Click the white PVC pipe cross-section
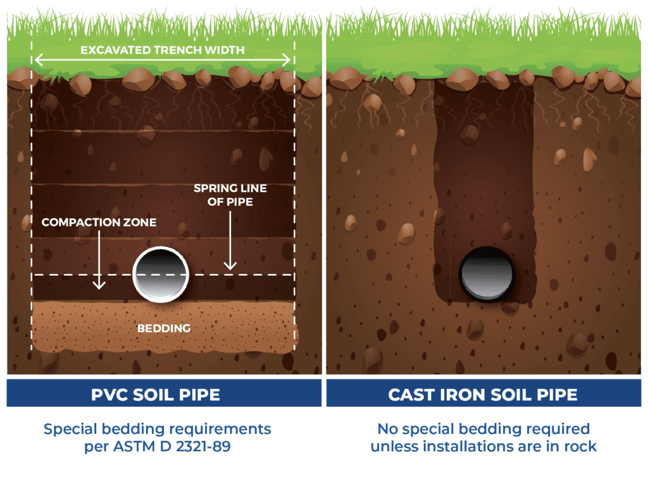click(x=161, y=275)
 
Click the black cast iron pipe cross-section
click(x=487, y=274)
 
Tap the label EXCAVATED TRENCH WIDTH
click(x=163, y=50)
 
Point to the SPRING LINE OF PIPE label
click(x=230, y=195)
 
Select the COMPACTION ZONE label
click(x=99, y=222)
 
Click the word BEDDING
click(x=164, y=328)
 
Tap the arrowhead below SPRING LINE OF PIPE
click(x=230, y=265)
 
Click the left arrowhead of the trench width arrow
click(x=39, y=60)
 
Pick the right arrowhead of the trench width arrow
click(x=287, y=60)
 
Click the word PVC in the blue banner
click(x=109, y=395)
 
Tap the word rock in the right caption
click(x=581, y=447)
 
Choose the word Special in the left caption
click(x=71, y=429)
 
